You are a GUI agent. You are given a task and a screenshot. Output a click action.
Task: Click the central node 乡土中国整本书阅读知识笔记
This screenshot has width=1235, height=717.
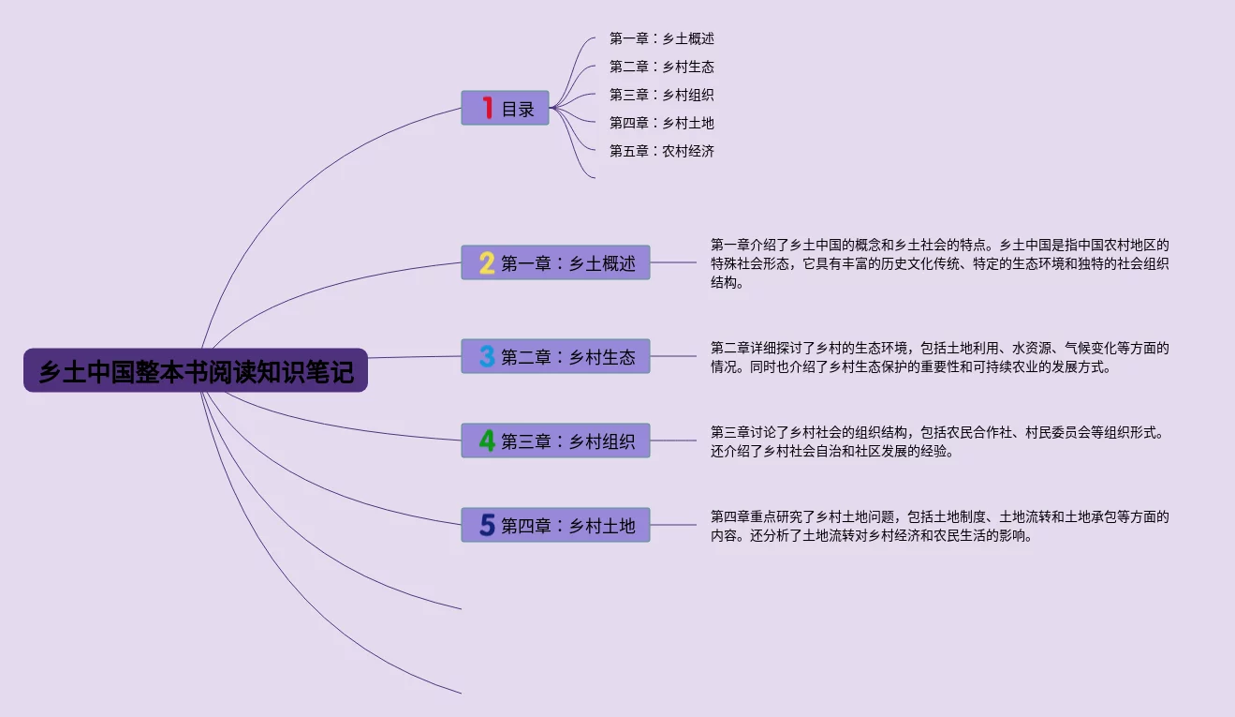coord(196,372)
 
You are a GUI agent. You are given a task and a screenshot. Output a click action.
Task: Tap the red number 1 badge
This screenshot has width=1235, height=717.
coord(487,108)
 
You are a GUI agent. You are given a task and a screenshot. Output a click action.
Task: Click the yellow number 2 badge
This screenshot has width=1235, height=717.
coord(487,263)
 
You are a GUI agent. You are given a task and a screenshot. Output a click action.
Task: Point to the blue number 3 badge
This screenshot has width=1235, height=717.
coord(487,356)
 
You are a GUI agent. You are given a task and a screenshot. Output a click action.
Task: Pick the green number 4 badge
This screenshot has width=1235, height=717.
coord(487,441)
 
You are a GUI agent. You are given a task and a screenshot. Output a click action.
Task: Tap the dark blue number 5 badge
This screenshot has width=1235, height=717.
coord(487,525)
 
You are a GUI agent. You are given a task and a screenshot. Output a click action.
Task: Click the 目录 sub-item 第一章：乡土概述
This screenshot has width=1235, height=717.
coord(661,38)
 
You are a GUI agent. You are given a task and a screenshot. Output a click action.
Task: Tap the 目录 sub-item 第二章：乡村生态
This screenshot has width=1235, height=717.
coord(661,67)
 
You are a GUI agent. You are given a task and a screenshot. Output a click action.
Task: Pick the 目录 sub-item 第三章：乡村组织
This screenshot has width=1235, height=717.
coord(661,95)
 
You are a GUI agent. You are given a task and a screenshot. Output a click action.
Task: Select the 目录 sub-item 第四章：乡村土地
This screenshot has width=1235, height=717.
coord(661,123)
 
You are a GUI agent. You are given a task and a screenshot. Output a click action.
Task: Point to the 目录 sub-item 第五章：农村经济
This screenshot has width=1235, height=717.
coord(661,151)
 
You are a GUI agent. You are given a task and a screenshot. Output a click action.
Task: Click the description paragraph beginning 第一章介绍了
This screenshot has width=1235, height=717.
coord(939,263)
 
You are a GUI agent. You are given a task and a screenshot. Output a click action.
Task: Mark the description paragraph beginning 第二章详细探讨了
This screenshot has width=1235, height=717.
coord(939,357)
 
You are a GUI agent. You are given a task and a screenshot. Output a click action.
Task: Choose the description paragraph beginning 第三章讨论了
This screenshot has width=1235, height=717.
coord(939,441)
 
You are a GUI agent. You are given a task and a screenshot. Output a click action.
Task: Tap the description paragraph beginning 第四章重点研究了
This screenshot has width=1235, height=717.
coord(939,526)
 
